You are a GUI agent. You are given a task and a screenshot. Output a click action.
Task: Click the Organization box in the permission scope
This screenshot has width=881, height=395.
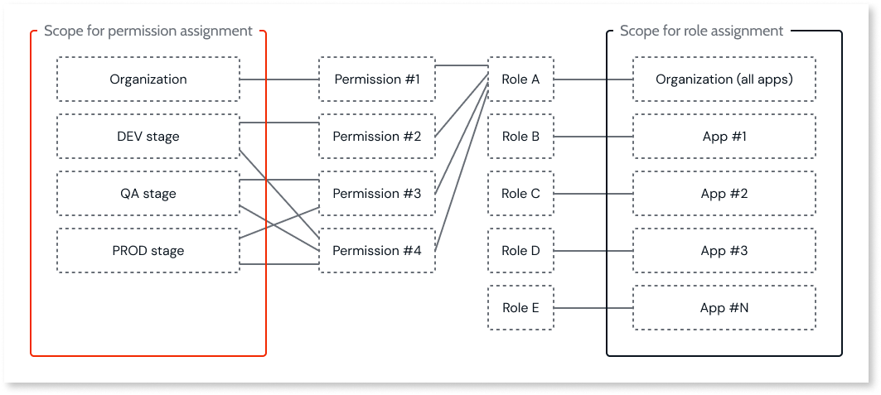[148, 79]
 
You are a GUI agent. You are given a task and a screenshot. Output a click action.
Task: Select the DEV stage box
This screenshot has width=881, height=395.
[148, 137]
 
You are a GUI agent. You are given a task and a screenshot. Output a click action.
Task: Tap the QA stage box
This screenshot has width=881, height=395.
[148, 194]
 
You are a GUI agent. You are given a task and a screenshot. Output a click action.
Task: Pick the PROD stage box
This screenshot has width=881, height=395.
[148, 251]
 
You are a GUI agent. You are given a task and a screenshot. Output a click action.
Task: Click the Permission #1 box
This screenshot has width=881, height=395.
[377, 79]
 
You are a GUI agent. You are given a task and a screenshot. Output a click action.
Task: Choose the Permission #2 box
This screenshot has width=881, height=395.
[377, 137]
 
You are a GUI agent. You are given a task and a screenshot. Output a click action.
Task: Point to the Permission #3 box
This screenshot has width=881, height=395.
[377, 194]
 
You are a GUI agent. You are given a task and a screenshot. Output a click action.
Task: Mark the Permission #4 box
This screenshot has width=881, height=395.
[377, 251]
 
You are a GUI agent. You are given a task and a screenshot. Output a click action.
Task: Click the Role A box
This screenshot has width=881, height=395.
[520, 79]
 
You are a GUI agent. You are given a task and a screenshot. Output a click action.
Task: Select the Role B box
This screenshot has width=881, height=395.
[520, 137]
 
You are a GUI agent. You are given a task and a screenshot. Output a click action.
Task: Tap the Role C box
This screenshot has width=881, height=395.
[520, 194]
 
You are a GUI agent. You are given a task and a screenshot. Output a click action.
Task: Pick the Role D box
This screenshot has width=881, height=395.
[520, 251]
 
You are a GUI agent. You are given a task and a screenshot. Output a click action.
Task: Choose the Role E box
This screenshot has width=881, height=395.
[520, 308]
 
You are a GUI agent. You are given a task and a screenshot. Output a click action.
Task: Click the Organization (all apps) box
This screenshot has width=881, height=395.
[724, 79]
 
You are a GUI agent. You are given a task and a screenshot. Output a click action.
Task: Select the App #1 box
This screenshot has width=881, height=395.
[724, 137]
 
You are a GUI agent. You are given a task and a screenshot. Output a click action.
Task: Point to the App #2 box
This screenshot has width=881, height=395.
[724, 194]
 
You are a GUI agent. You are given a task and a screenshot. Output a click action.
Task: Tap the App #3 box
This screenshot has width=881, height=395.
[724, 251]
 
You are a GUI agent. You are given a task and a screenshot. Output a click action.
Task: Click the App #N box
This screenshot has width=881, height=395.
[724, 308]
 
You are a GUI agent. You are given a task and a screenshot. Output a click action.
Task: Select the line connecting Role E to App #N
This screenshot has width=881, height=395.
[593, 308]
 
